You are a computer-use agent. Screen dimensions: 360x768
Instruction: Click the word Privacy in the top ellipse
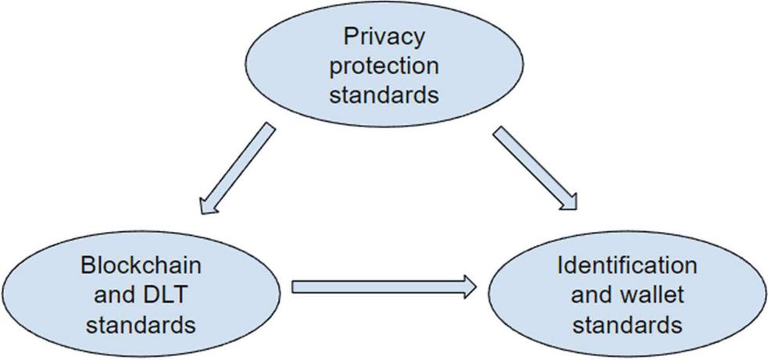(384, 36)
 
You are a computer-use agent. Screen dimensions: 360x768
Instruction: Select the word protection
(384, 66)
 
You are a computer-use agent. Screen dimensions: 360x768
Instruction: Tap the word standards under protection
(384, 94)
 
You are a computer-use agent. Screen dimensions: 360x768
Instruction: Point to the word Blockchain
(141, 266)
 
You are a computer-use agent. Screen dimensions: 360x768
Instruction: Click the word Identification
(627, 266)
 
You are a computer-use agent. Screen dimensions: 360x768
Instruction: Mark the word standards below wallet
(627, 323)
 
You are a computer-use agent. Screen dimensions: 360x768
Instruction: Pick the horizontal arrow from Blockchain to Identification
(383, 287)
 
